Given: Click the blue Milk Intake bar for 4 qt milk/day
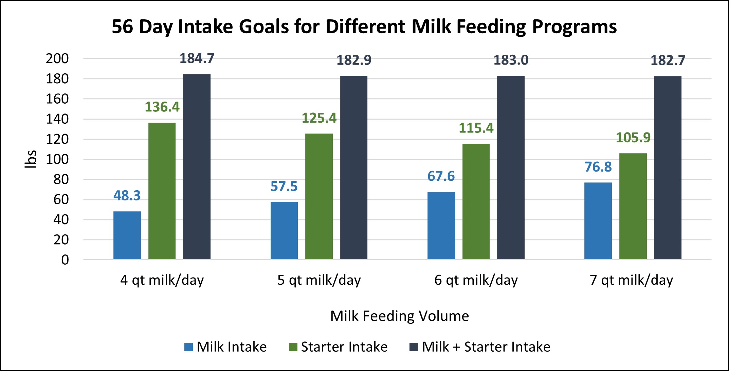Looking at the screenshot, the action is tap(127, 235).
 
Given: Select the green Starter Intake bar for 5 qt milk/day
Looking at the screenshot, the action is tap(319, 197).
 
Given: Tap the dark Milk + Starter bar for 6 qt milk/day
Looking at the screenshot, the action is tap(511, 167).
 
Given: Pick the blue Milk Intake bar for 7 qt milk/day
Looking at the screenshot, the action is tap(598, 221).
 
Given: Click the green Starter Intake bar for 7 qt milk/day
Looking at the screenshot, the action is tap(633, 207).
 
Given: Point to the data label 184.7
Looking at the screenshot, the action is tap(197, 58).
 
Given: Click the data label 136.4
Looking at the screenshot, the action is tap(162, 107).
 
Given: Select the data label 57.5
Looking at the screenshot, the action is tap(284, 186).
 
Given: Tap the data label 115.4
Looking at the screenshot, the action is tap(476, 128).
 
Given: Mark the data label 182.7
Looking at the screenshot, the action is tap(668, 60).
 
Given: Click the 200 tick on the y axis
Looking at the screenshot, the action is tap(57, 59).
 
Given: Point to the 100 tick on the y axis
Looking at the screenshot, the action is tap(57, 159).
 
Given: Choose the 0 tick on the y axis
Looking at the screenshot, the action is tap(65, 260).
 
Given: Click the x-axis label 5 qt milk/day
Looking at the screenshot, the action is tap(319, 280).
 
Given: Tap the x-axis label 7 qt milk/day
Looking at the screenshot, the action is tap(631, 280).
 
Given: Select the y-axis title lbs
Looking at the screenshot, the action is tap(31, 159).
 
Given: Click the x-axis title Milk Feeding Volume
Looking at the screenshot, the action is tap(400, 316).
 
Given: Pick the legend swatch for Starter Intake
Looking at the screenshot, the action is tap(293, 347).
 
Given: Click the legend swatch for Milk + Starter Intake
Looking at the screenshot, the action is tap(414, 347).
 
